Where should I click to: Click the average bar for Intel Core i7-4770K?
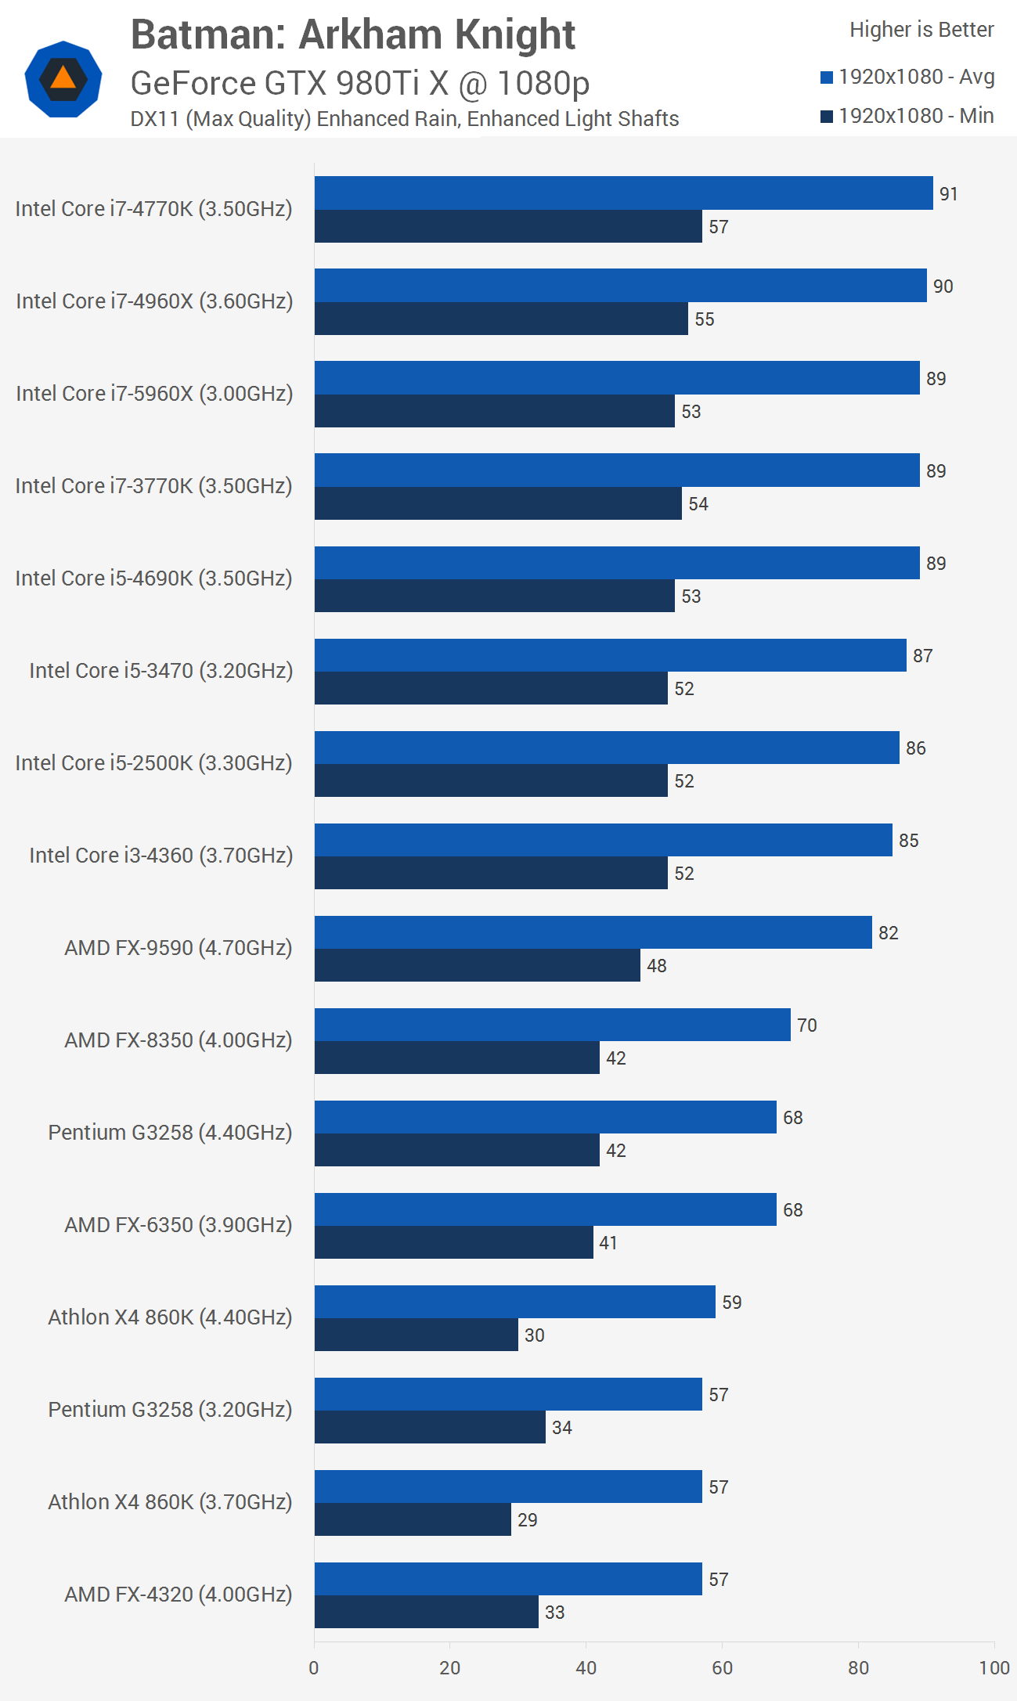pyautogui.click(x=623, y=193)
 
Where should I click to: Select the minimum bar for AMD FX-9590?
pyautogui.click(x=477, y=965)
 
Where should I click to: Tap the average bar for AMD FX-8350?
pyautogui.click(x=552, y=1025)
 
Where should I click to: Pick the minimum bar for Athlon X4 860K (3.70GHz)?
pyautogui.click(x=413, y=1519)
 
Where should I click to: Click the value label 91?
pyautogui.click(x=948, y=194)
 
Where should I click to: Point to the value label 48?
pyautogui.click(x=656, y=966)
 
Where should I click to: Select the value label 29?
pyautogui.click(x=527, y=1520)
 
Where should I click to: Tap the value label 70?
pyautogui.click(x=806, y=1025)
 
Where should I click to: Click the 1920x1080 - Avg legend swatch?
pyautogui.click(x=826, y=77)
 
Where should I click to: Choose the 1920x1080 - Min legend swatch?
pyautogui.click(x=826, y=117)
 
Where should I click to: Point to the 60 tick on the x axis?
pyautogui.click(x=722, y=1668)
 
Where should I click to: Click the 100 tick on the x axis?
pyautogui.click(x=994, y=1668)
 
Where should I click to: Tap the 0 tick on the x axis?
pyautogui.click(x=314, y=1668)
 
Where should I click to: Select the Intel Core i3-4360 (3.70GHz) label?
pyautogui.click(x=160, y=855)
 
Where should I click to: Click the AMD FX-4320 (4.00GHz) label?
pyautogui.click(x=178, y=1594)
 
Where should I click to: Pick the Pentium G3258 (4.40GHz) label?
pyautogui.click(x=170, y=1132)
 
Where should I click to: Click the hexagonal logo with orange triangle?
pyautogui.click(x=63, y=79)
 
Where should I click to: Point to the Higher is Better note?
pyautogui.click(x=921, y=30)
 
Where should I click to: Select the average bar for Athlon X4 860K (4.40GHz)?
pyautogui.click(x=514, y=1302)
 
